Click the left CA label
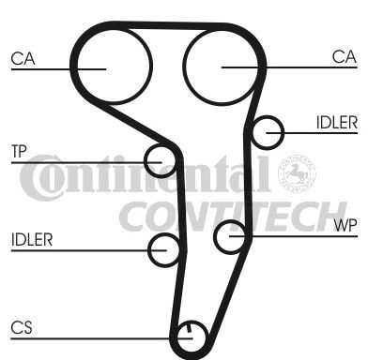(x=23, y=58)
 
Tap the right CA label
(x=345, y=57)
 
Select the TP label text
(x=19, y=152)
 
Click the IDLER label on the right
(x=337, y=123)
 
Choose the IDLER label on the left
(x=32, y=240)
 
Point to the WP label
(x=345, y=225)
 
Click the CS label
(x=22, y=328)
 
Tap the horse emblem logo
(x=297, y=172)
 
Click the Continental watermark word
(x=146, y=176)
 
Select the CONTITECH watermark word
(x=233, y=217)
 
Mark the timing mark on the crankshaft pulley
(x=189, y=328)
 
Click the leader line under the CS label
(x=101, y=338)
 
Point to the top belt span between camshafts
(x=169, y=26)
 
